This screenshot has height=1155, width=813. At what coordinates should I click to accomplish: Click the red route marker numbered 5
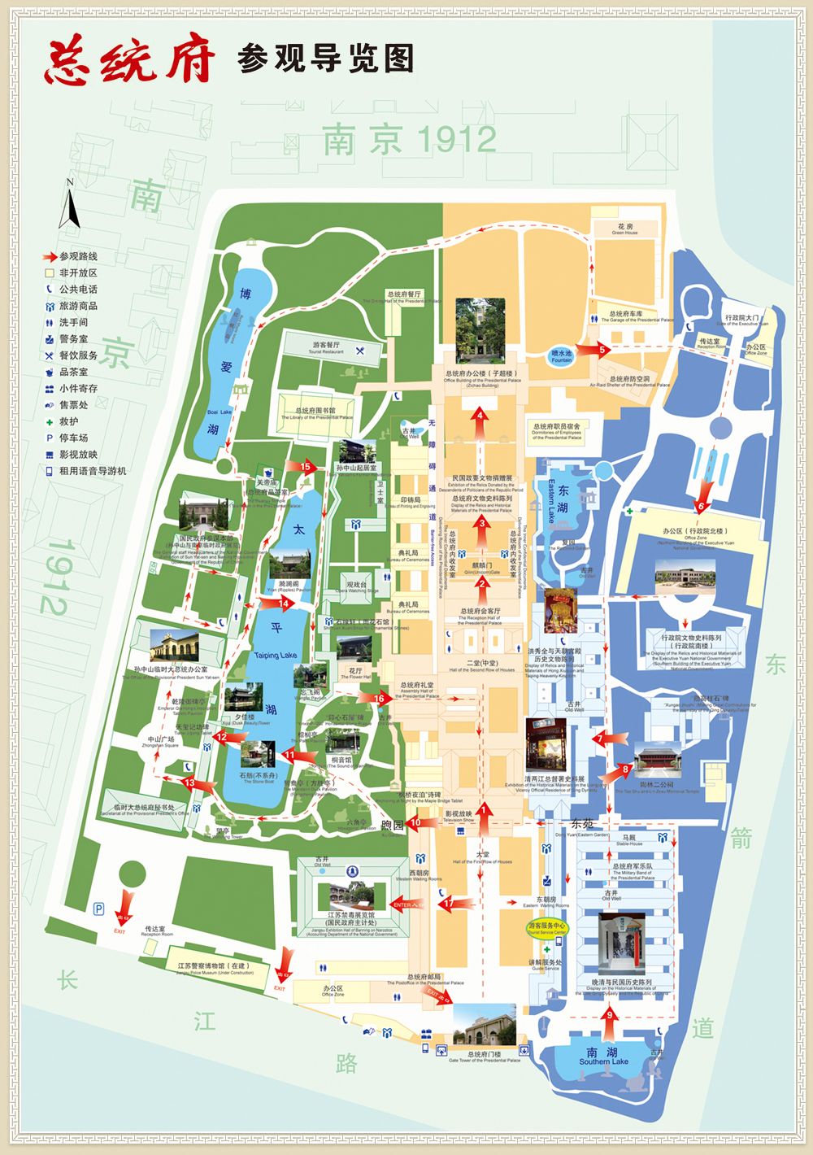602,350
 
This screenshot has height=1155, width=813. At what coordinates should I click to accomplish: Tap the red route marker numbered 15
306,467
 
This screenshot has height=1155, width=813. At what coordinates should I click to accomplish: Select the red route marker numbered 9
610,1014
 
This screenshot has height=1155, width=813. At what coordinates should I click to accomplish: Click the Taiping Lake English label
276,655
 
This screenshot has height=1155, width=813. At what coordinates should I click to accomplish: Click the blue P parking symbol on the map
98,908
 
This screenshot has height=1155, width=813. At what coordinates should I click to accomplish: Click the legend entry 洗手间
73,322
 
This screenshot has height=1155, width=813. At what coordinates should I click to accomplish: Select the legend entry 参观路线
77,256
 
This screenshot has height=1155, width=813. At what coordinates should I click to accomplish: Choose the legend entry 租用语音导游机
92,471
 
